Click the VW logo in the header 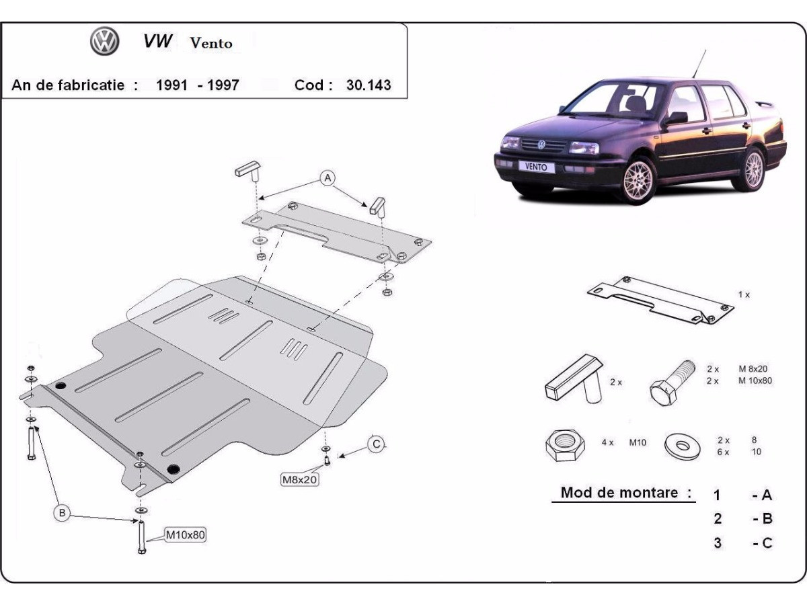[104, 42]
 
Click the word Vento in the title [211, 43]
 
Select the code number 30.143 [368, 85]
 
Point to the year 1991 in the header [171, 85]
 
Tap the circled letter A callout [328, 177]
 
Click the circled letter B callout [62, 513]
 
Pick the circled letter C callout [377, 444]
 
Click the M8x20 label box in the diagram [299, 479]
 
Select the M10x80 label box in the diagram [186, 535]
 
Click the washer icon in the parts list [681, 444]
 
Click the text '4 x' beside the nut [608, 443]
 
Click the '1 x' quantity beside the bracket [743, 294]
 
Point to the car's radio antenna [698, 65]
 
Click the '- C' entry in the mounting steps [762, 542]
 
